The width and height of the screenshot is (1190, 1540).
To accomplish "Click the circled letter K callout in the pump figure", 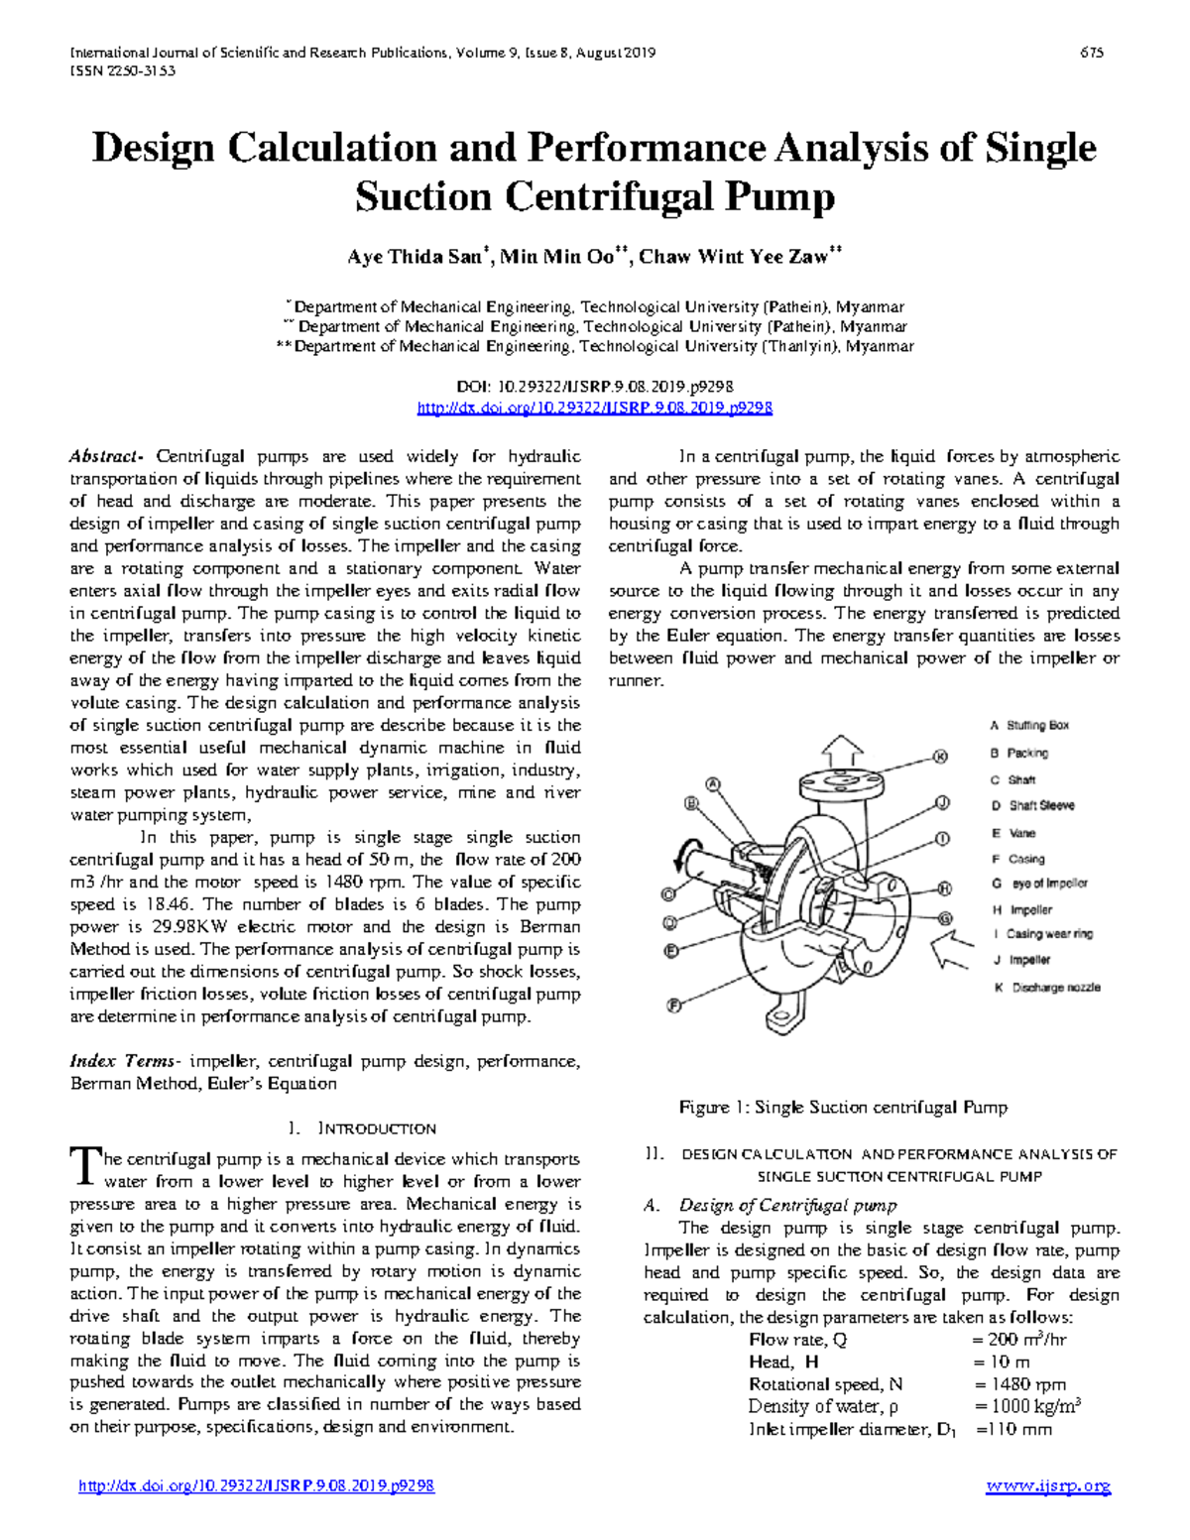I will (x=941, y=757).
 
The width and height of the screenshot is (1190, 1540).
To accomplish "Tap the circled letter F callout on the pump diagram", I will (x=675, y=1006).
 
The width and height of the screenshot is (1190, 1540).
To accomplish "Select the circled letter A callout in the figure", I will (x=711, y=783).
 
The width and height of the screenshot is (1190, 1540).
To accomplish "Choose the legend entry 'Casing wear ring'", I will (x=1049, y=934).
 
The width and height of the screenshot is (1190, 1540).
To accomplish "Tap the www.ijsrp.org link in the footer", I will (x=1048, y=1486).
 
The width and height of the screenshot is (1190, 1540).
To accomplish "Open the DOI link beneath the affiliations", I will (x=595, y=408).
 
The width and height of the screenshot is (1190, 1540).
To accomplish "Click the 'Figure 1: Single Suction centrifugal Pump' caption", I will (x=843, y=1108).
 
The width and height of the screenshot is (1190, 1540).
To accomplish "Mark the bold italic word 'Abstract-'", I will (x=107, y=457).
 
